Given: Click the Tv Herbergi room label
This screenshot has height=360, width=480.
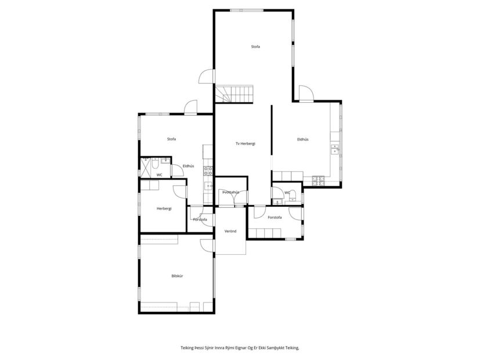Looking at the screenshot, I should [x=246, y=143].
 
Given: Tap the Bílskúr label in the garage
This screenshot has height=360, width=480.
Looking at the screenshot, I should [x=177, y=276].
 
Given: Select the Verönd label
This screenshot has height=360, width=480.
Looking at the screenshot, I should [x=230, y=231].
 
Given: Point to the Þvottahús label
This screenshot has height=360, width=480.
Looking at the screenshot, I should [x=230, y=192].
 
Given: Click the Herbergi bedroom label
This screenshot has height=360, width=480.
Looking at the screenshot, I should [x=164, y=208].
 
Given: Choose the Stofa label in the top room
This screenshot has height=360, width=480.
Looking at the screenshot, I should [x=255, y=46].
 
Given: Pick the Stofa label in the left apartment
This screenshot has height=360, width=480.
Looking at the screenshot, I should [x=171, y=139].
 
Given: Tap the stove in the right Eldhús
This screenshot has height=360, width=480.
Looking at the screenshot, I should [x=318, y=181].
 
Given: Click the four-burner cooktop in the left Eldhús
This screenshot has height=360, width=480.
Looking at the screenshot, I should [x=207, y=171].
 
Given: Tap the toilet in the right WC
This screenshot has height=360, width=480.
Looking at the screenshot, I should [x=294, y=195].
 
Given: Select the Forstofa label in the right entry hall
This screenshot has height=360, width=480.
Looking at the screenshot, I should [x=275, y=217].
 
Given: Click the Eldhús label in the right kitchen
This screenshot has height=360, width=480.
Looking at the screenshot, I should [x=302, y=139].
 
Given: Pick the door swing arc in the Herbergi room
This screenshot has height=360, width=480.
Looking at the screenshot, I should [x=179, y=190].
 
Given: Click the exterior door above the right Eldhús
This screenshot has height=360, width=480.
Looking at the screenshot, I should [x=306, y=93].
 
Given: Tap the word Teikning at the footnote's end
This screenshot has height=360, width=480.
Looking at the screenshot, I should [x=289, y=348].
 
